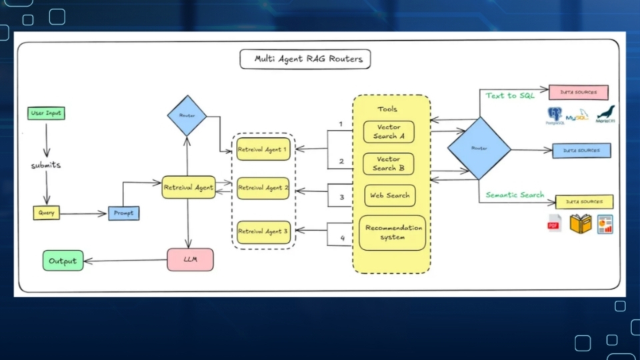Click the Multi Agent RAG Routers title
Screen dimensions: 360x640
click(305, 59)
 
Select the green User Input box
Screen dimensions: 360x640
click(46, 113)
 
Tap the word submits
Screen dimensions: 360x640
click(46, 165)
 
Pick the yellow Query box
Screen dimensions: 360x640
click(46, 213)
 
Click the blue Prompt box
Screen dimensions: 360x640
click(123, 213)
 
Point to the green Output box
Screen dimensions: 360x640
click(63, 261)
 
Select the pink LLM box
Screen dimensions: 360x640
click(190, 259)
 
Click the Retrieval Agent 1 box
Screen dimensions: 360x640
click(263, 149)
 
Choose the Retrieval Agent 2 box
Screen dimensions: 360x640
click(263, 189)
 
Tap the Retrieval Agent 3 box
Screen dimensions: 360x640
click(263, 231)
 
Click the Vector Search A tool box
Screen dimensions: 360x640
click(389, 131)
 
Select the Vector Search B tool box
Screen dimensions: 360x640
click(389, 163)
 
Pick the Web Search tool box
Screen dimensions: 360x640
click(389, 195)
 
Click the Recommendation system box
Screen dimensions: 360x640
click(393, 233)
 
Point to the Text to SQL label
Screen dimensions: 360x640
click(510, 95)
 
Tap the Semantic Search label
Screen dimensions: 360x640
click(515, 195)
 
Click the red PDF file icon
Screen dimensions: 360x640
click(554, 224)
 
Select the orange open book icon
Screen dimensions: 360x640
click(581, 224)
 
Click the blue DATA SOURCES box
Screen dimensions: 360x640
click(581, 151)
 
